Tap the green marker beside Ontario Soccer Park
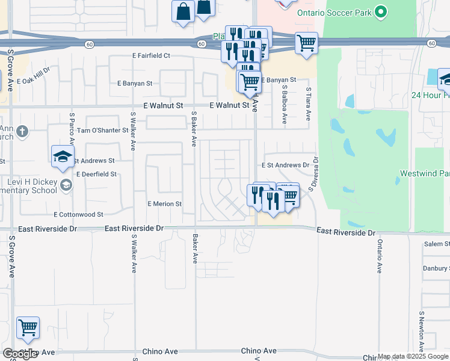[x=380, y=11]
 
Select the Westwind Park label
[x=424, y=173]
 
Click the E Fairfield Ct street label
[x=152, y=55]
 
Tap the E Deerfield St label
[x=96, y=174]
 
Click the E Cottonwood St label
[x=78, y=214]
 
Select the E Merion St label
[x=165, y=204]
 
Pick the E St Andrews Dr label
[x=285, y=165]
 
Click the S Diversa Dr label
[x=313, y=174]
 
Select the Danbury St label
[x=436, y=268]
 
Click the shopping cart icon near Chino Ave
[x=28, y=327]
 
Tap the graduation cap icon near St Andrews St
[x=62, y=156]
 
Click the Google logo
[x=20, y=354]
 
